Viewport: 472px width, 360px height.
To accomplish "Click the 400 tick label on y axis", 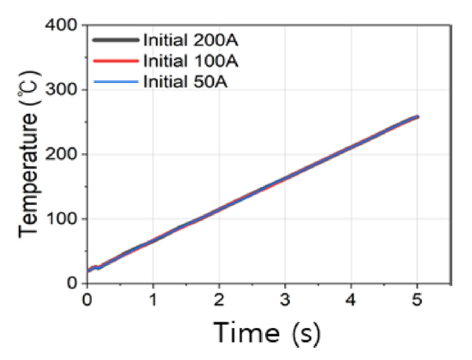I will pos(62,25).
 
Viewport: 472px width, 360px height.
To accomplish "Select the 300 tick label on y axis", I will pos(62,89).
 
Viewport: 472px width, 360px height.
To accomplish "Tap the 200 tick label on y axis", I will pos(62,154).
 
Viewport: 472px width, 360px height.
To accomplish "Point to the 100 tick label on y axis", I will pos(62,219).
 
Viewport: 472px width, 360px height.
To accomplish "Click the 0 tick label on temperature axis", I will pos(72,284).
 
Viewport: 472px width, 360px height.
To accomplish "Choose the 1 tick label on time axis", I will pos(153,300).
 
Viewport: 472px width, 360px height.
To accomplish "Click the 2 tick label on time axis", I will pos(219,300).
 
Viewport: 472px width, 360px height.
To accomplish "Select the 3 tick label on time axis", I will pos(285,300).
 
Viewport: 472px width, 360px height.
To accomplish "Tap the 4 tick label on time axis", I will pos(351,300).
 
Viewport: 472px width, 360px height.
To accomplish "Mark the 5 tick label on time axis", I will pos(417,300).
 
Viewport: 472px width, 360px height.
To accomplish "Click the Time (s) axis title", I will pos(267,333).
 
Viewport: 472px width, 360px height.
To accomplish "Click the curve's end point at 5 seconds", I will pos(417,117).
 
